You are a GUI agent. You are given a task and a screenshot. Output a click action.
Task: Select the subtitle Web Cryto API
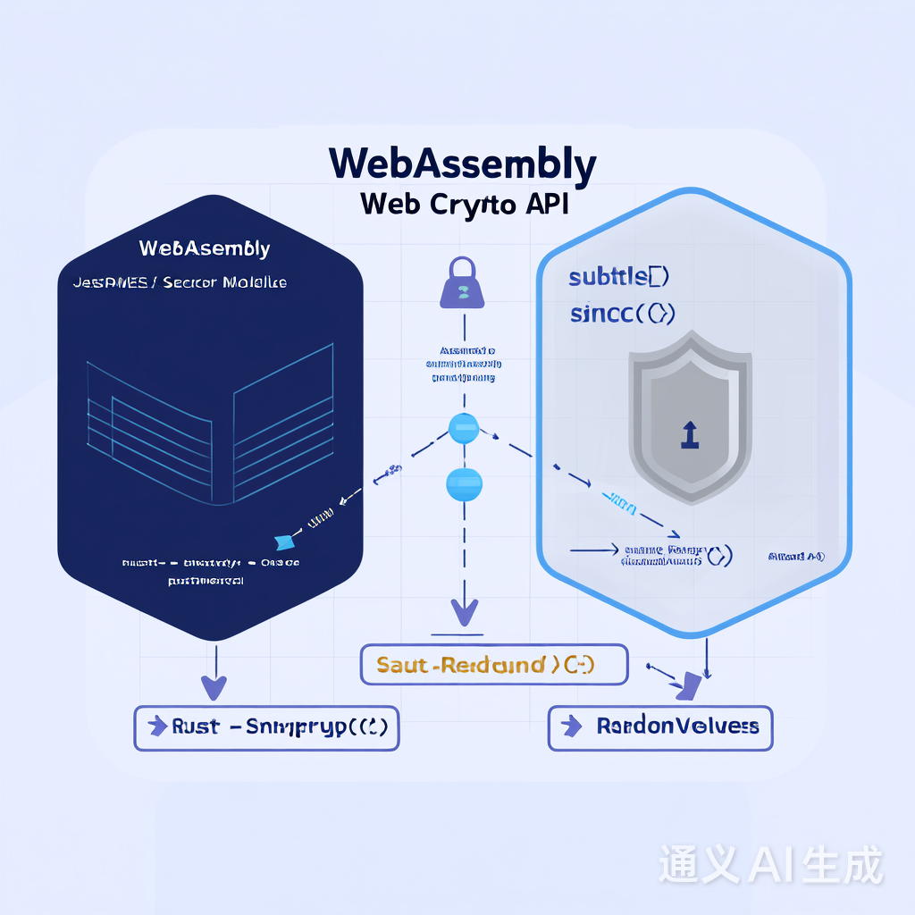click(x=464, y=204)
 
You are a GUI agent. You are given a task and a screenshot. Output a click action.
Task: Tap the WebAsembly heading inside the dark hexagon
click(x=205, y=248)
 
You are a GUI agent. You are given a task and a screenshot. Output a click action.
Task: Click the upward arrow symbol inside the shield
click(x=688, y=434)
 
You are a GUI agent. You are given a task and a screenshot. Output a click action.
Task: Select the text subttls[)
click(x=618, y=277)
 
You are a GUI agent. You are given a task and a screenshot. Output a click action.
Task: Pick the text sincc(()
click(x=622, y=314)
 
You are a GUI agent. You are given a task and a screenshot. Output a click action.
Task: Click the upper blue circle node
click(x=464, y=428)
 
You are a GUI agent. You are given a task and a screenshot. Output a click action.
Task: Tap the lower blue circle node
click(x=464, y=483)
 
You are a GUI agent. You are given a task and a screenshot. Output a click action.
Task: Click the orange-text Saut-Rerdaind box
click(x=493, y=665)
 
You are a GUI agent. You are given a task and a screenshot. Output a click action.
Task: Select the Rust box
click(x=266, y=727)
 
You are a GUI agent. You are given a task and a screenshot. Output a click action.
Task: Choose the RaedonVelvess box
click(x=659, y=727)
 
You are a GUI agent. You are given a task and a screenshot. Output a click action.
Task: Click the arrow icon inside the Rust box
click(x=158, y=726)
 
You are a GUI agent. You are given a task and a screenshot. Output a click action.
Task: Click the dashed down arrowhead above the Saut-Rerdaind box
click(x=464, y=612)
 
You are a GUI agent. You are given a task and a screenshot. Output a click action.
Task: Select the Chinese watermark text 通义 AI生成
click(x=770, y=864)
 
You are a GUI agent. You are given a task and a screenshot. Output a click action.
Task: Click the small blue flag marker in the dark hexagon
click(x=284, y=540)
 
